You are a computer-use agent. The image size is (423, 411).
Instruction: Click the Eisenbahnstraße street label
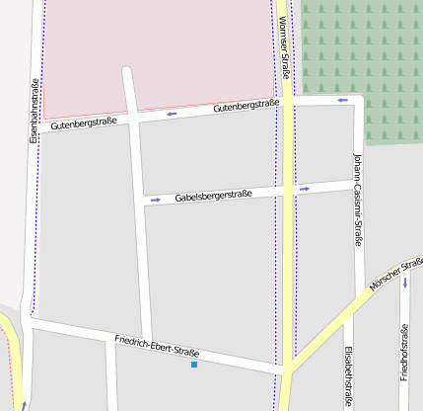35,109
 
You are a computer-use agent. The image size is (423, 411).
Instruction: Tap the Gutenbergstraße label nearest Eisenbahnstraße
84,123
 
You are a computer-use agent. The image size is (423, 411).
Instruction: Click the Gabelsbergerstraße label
214,196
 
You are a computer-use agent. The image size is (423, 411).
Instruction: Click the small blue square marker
194,366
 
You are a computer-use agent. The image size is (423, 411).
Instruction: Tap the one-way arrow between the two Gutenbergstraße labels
172,114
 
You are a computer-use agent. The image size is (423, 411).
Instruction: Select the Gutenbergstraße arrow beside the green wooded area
342,100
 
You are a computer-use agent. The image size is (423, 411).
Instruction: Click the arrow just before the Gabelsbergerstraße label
155,201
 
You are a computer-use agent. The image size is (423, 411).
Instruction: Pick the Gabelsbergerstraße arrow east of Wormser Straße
305,188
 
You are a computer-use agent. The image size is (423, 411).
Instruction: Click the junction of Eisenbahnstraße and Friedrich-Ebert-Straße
32,320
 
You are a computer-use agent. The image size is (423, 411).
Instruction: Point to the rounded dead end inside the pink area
126,71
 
